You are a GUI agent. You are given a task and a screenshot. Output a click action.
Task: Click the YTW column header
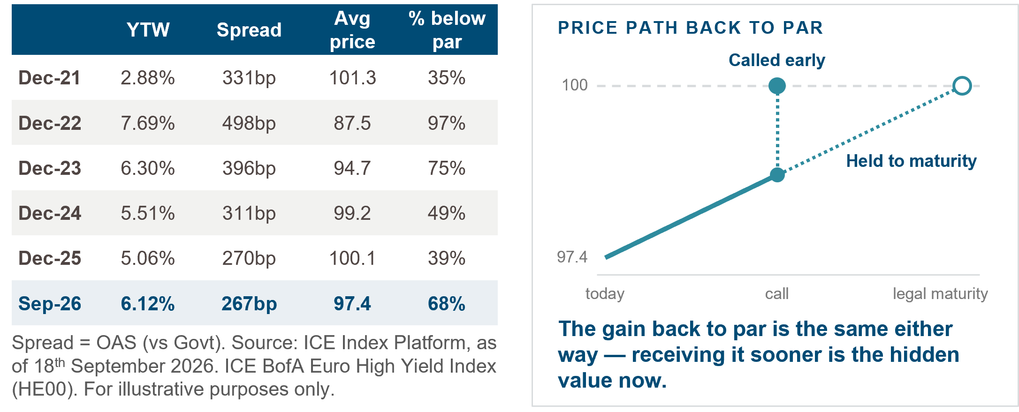pos(148,30)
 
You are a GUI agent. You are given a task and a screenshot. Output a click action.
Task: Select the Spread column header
pos(249,30)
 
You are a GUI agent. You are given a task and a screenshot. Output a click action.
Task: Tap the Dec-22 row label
pos(50,123)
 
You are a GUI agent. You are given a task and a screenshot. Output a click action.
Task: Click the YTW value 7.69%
pos(148,123)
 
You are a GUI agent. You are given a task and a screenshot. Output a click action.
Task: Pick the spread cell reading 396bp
pos(249,168)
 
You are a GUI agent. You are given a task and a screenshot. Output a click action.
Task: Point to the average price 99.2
pos(352,213)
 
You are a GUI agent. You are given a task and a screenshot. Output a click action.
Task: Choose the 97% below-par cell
pos(447,123)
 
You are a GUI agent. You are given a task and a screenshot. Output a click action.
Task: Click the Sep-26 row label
pos(50,304)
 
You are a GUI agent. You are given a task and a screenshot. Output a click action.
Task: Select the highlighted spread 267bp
pos(249,304)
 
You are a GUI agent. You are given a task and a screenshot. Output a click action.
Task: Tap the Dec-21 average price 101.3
pos(352,78)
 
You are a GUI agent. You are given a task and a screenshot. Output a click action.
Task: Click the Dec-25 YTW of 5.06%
pos(148,258)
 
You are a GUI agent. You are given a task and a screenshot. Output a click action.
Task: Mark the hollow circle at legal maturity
pos(962,86)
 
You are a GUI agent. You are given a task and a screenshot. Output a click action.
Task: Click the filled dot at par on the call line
pos(777,86)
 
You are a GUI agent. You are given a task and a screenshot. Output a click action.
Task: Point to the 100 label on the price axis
pos(575,85)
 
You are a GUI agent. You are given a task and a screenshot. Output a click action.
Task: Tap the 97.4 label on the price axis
pos(572,257)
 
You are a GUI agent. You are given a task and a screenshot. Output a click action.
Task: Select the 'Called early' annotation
pos(777,60)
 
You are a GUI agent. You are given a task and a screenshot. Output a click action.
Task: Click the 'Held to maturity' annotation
pos(911,161)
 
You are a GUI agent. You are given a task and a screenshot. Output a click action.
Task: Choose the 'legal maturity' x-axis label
pos(940,294)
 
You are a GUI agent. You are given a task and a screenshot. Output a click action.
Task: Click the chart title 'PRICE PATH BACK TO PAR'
pos(690,28)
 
